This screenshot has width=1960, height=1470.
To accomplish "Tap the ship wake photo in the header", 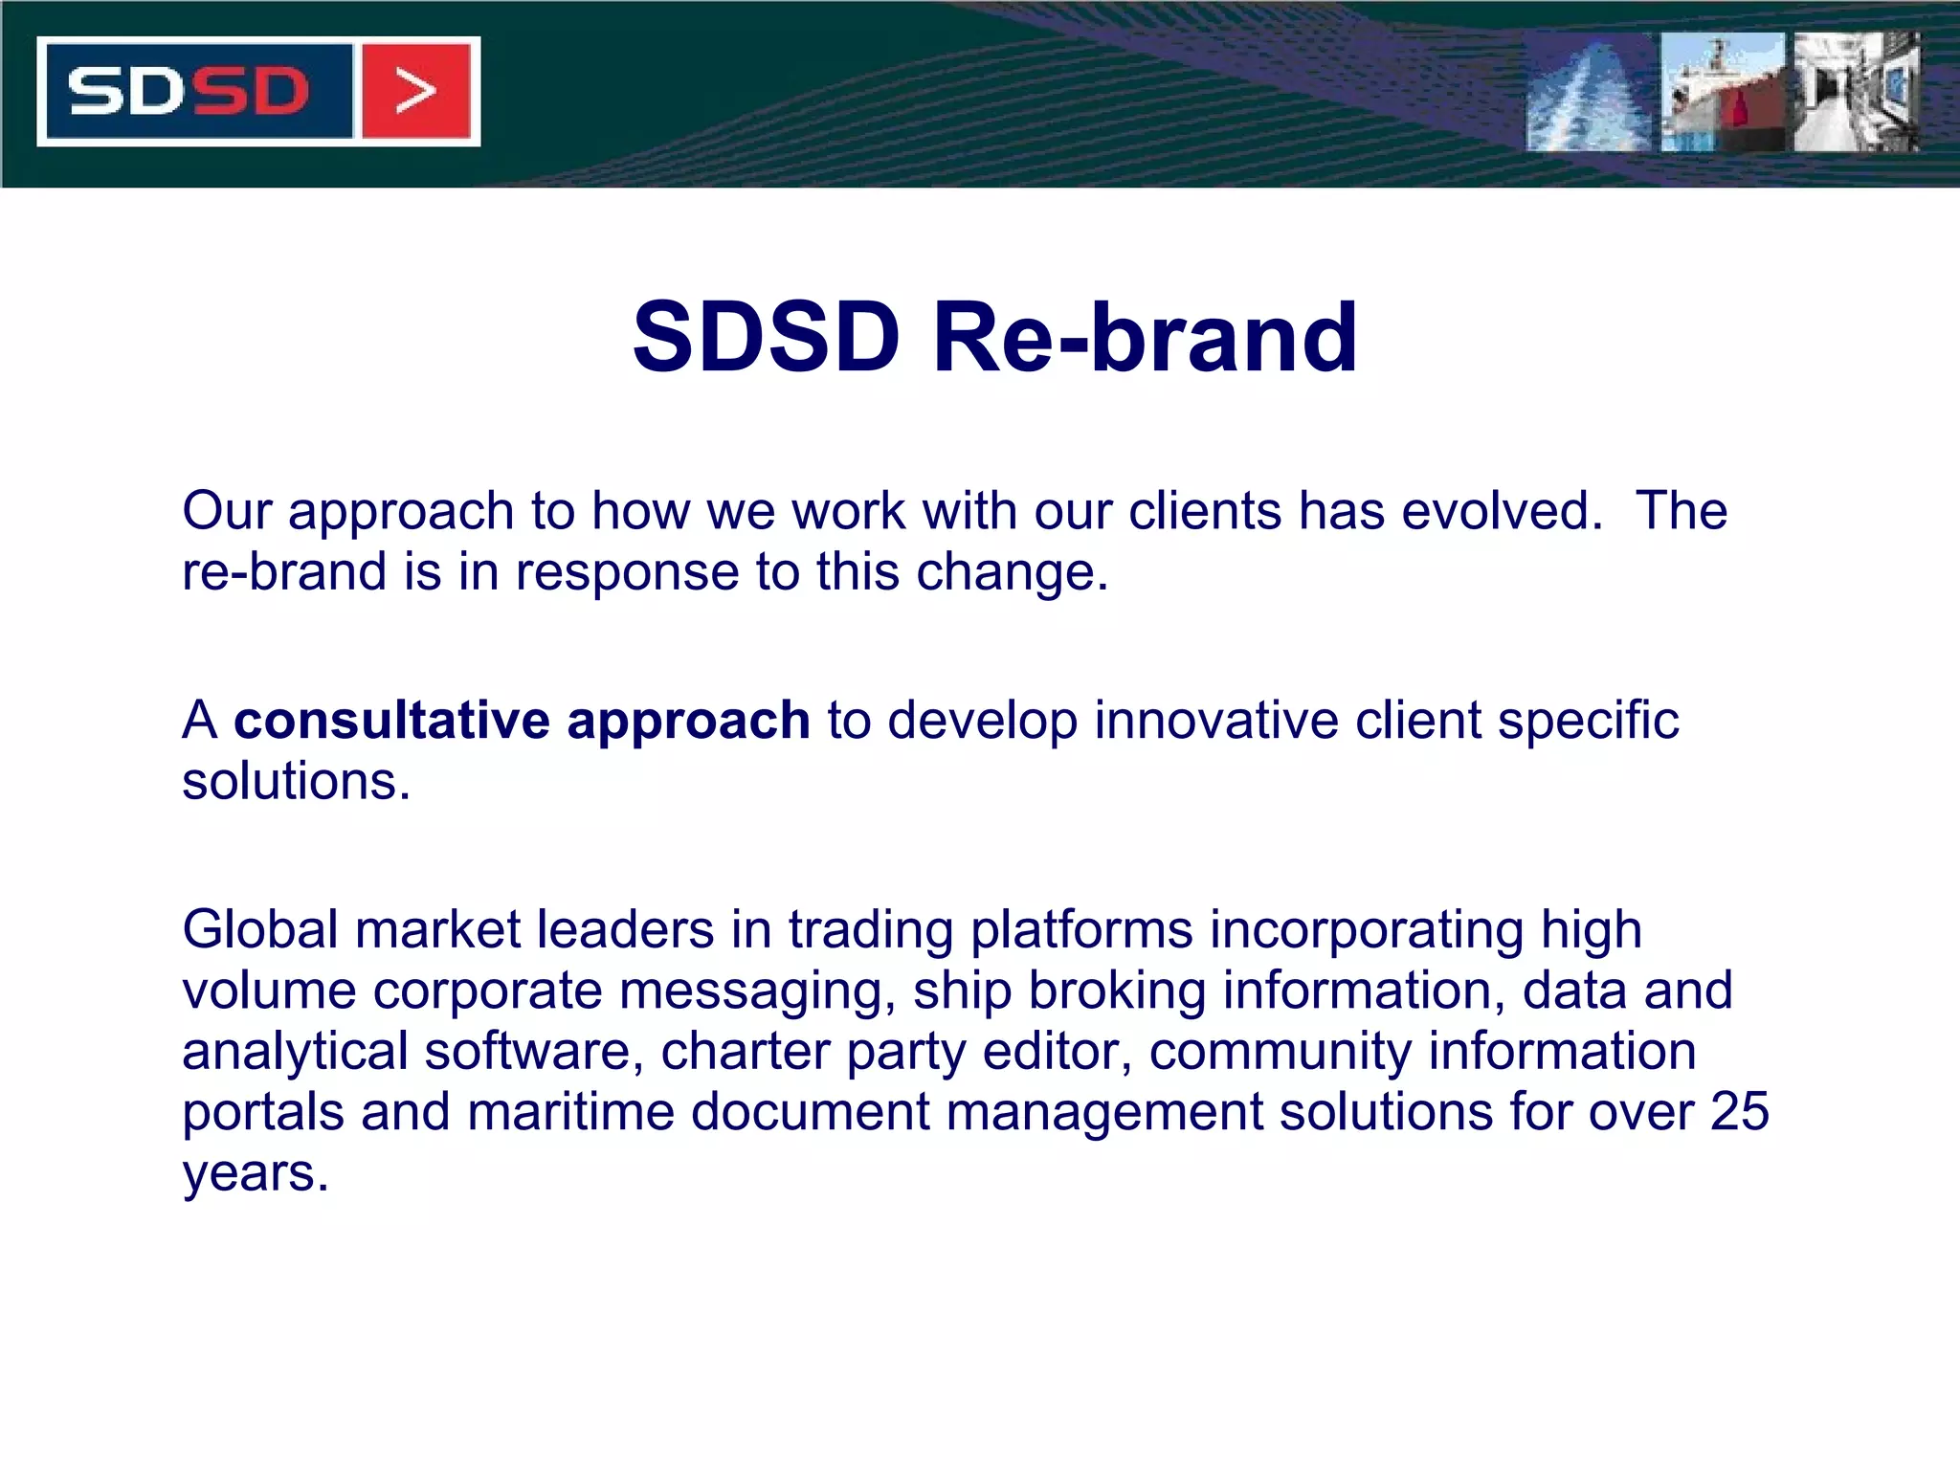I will (x=1589, y=93).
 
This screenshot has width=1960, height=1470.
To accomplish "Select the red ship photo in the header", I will (x=1723, y=93).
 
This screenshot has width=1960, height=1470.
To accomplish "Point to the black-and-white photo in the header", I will (x=1857, y=93).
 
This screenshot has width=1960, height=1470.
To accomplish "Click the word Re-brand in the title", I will (x=1145, y=337).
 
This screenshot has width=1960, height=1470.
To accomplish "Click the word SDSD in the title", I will (x=766, y=337).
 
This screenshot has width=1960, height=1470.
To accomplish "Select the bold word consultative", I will (x=392, y=720).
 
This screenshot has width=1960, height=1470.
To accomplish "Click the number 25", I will (x=1739, y=1112).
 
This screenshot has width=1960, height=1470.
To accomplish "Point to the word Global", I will (x=260, y=929).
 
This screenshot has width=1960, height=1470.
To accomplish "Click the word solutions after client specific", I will (x=295, y=781).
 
